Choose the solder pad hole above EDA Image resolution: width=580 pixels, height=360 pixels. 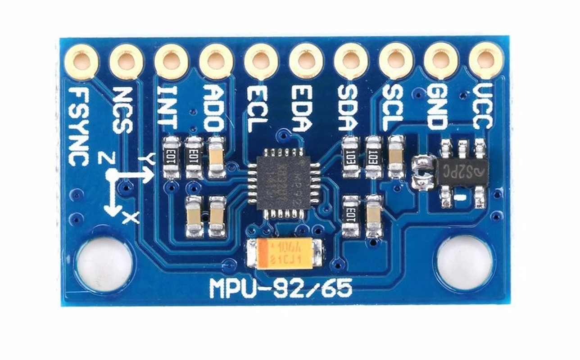[x=306, y=60]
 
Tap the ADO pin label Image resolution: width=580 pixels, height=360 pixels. [x=213, y=108]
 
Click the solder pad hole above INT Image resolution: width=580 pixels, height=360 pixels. [x=172, y=60]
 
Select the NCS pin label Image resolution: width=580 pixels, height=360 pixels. [x=122, y=110]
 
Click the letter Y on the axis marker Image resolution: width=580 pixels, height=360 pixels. [x=147, y=158]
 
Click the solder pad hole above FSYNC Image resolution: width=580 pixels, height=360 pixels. [x=82, y=60]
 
